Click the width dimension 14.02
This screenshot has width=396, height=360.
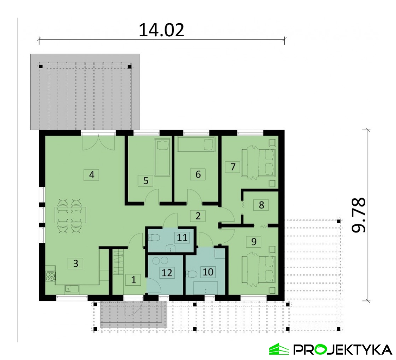tap(161, 30)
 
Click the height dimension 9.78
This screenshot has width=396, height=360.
tap(358, 215)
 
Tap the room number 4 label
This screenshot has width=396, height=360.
tap(91, 174)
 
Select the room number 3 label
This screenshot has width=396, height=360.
tap(75, 263)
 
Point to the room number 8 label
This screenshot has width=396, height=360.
tap(261, 205)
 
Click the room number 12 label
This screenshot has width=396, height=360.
tap(167, 273)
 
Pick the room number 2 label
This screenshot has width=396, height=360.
tap(198, 216)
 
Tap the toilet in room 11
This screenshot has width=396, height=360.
tap(154, 238)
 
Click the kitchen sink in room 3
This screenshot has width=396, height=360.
tap(72, 288)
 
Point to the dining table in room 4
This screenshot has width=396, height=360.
tap(70, 215)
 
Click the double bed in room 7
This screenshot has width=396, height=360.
tap(258, 162)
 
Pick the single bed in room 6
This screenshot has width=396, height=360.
tap(196, 144)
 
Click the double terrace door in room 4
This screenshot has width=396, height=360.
tap(99, 143)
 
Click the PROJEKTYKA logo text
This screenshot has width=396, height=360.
tap(342, 350)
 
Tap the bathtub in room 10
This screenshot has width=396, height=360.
tap(206, 288)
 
